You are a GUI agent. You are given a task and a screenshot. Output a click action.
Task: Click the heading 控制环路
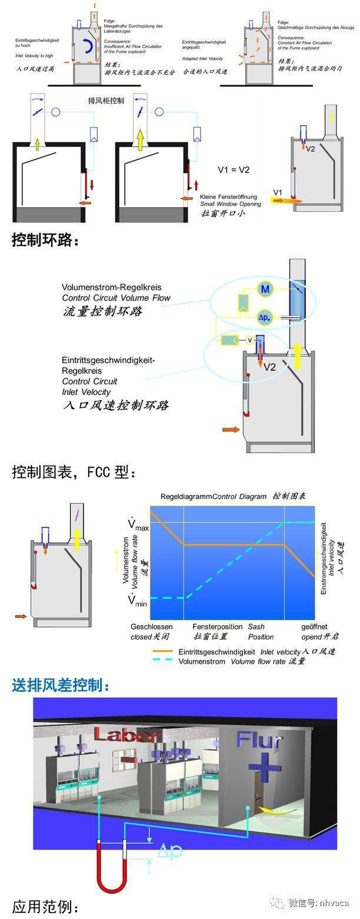[x=45, y=241]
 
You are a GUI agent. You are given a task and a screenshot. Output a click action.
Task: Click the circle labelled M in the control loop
[x=265, y=289]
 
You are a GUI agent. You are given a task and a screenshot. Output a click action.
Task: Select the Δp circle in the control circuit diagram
[x=265, y=318]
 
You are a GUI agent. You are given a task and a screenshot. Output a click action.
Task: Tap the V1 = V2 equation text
[x=234, y=170]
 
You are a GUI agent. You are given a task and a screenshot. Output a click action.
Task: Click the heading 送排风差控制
[x=61, y=685]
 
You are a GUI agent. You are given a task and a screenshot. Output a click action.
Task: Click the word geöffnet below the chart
[x=314, y=627]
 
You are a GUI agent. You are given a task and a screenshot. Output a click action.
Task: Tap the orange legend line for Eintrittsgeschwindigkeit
[x=163, y=651]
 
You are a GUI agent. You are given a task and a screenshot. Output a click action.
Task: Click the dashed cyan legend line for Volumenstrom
[x=163, y=661]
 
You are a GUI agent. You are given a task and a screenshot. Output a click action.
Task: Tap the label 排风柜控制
[x=105, y=101]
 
